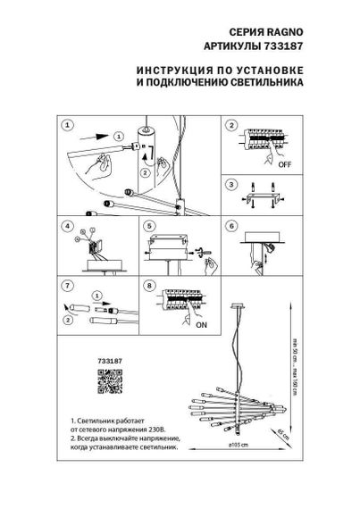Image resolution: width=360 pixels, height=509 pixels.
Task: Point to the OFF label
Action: pyautogui.click(x=283, y=165)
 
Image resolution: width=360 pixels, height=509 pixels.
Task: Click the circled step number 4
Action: pyautogui.click(x=68, y=227)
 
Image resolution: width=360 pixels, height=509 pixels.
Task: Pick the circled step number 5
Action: pyautogui.click(x=149, y=227)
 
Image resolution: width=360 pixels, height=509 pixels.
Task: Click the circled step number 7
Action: pyautogui.click(x=68, y=287)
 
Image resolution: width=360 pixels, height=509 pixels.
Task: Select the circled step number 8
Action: pyautogui.click(x=149, y=287)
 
